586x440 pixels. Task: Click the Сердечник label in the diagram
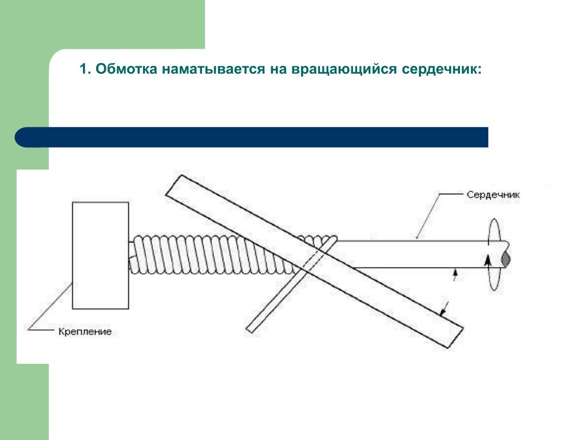(493, 195)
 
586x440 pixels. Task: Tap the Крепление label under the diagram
(85, 332)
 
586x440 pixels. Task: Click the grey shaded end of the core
(506, 260)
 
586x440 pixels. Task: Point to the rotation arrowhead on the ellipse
(487, 260)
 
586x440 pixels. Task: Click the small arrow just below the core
(455, 274)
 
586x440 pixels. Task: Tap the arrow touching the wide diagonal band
(444, 309)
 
